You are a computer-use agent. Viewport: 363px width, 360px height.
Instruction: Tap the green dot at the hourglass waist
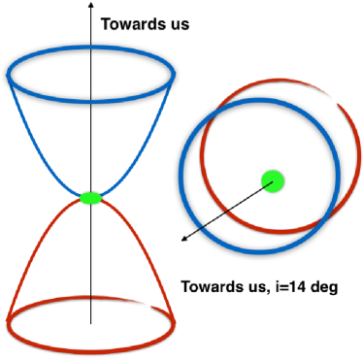click(90, 198)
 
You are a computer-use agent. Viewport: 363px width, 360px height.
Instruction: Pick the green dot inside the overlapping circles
click(273, 180)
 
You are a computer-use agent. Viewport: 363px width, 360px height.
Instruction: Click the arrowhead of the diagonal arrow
click(181, 238)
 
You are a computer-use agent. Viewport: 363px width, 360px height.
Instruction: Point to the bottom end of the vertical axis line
click(90, 323)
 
